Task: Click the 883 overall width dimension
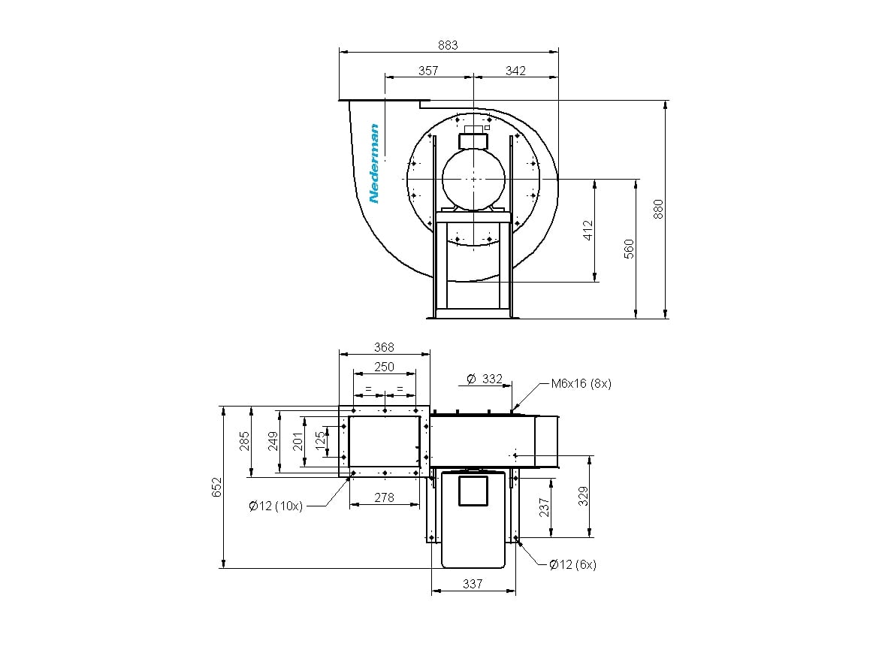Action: (x=449, y=45)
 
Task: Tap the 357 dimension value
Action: (x=429, y=71)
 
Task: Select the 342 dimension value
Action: (x=515, y=71)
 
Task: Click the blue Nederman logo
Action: (x=373, y=163)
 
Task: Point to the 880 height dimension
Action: (x=658, y=209)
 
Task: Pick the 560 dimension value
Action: (x=629, y=249)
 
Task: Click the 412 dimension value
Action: (x=587, y=230)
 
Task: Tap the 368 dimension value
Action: (x=384, y=347)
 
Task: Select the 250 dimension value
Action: (x=384, y=367)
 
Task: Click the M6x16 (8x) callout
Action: (x=581, y=384)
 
